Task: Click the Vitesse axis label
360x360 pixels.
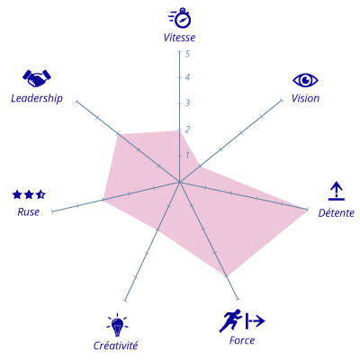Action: coord(179,38)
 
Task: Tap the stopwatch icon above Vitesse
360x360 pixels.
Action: coord(180,18)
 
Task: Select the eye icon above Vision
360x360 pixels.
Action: coord(305,80)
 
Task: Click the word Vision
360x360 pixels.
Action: coord(305,98)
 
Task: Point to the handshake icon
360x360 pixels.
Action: coord(37,78)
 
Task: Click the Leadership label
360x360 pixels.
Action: coord(37,98)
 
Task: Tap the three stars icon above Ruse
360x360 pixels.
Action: coord(29,194)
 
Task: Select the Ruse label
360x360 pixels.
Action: coord(29,212)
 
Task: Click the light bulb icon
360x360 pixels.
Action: coord(117,325)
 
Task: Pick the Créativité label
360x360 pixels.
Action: coord(116,346)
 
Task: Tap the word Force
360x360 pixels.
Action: coord(242,340)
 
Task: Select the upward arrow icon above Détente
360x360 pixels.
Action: coord(337,191)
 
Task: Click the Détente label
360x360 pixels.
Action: coord(337,213)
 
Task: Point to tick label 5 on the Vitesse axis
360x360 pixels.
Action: coord(187,54)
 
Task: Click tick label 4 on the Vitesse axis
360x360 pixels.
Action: coord(187,77)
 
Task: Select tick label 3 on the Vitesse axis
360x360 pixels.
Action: coord(187,103)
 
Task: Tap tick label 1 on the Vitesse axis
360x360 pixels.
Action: coord(187,155)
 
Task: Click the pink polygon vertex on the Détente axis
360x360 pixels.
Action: coord(307,210)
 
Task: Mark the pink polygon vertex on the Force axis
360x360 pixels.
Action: coord(227,275)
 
